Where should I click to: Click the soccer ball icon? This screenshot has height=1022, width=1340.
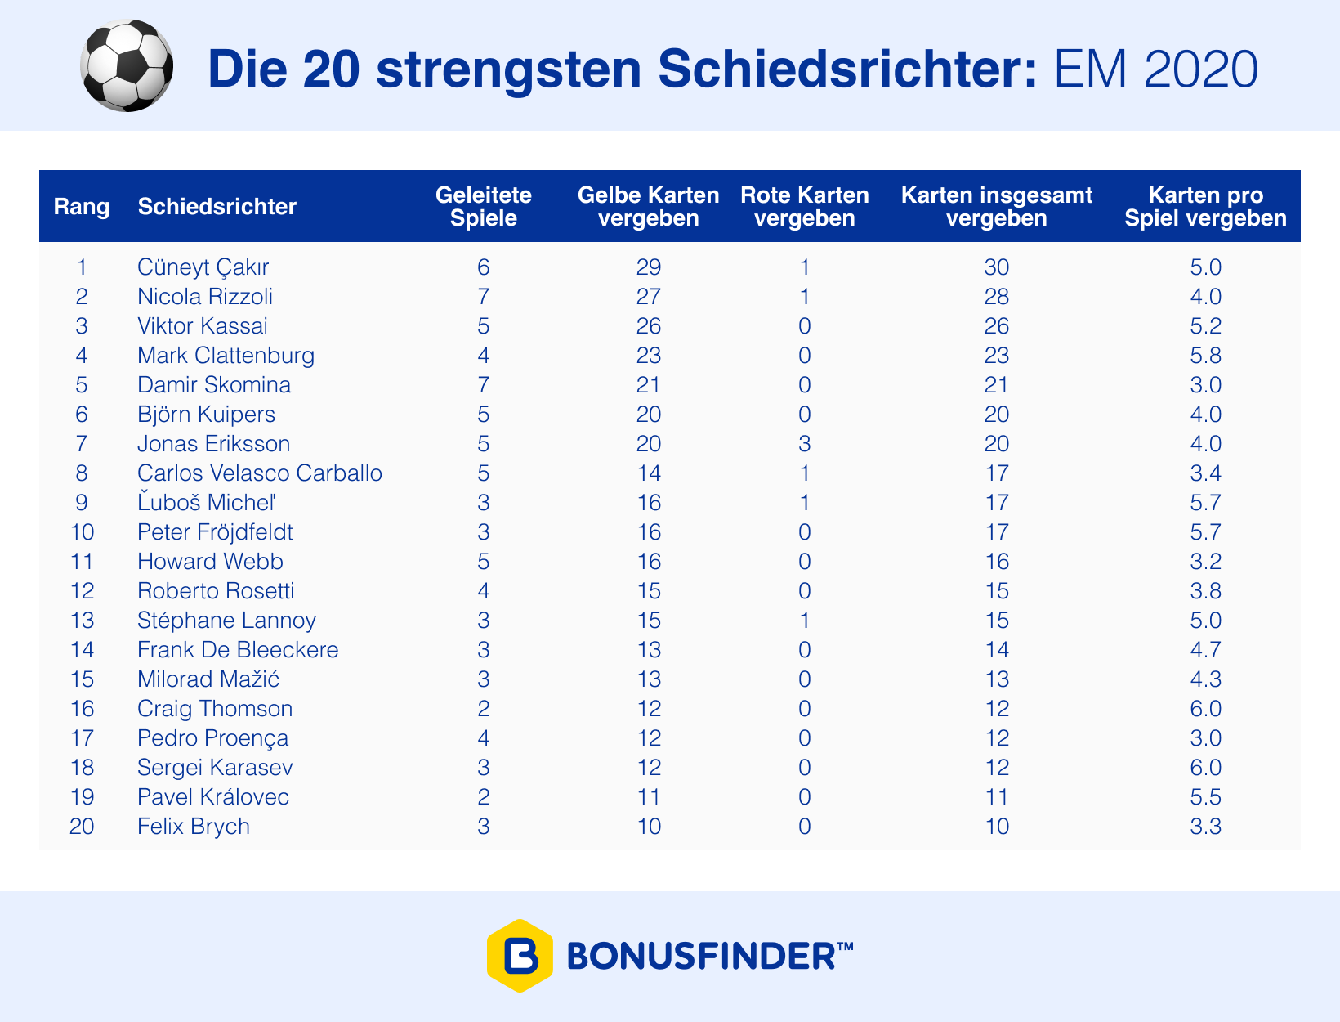(127, 66)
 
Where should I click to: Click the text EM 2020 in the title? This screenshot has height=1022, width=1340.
(1155, 69)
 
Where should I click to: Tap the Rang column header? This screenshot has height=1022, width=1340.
(81, 207)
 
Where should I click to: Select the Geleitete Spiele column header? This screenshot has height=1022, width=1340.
(484, 207)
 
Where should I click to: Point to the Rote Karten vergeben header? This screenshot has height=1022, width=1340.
(805, 207)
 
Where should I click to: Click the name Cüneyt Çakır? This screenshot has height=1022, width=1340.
(203, 267)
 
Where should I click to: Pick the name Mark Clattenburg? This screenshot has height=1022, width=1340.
(226, 356)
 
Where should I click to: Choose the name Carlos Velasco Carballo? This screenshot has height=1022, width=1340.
(260, 473)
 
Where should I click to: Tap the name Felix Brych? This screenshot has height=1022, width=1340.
(194, 827)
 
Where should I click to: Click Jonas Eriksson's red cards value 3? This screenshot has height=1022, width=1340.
(805, 444)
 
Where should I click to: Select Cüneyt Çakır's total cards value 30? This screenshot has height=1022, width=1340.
(997, 267)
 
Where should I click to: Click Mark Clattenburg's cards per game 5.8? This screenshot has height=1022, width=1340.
(1206, 356)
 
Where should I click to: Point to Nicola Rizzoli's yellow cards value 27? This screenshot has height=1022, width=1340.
(648, 297)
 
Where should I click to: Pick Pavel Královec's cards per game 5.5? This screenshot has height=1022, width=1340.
(1206, 797)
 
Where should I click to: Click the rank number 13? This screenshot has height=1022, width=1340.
(82, 621)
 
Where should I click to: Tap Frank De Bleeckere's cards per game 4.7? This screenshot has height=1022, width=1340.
(1206, 650)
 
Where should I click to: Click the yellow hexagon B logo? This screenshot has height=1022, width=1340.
(520, 956)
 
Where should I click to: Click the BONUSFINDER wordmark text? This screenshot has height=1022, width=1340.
(710, 956)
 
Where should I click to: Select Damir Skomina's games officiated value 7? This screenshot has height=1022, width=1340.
(484, 385)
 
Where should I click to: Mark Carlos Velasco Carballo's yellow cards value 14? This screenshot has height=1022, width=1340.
(648, 473)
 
